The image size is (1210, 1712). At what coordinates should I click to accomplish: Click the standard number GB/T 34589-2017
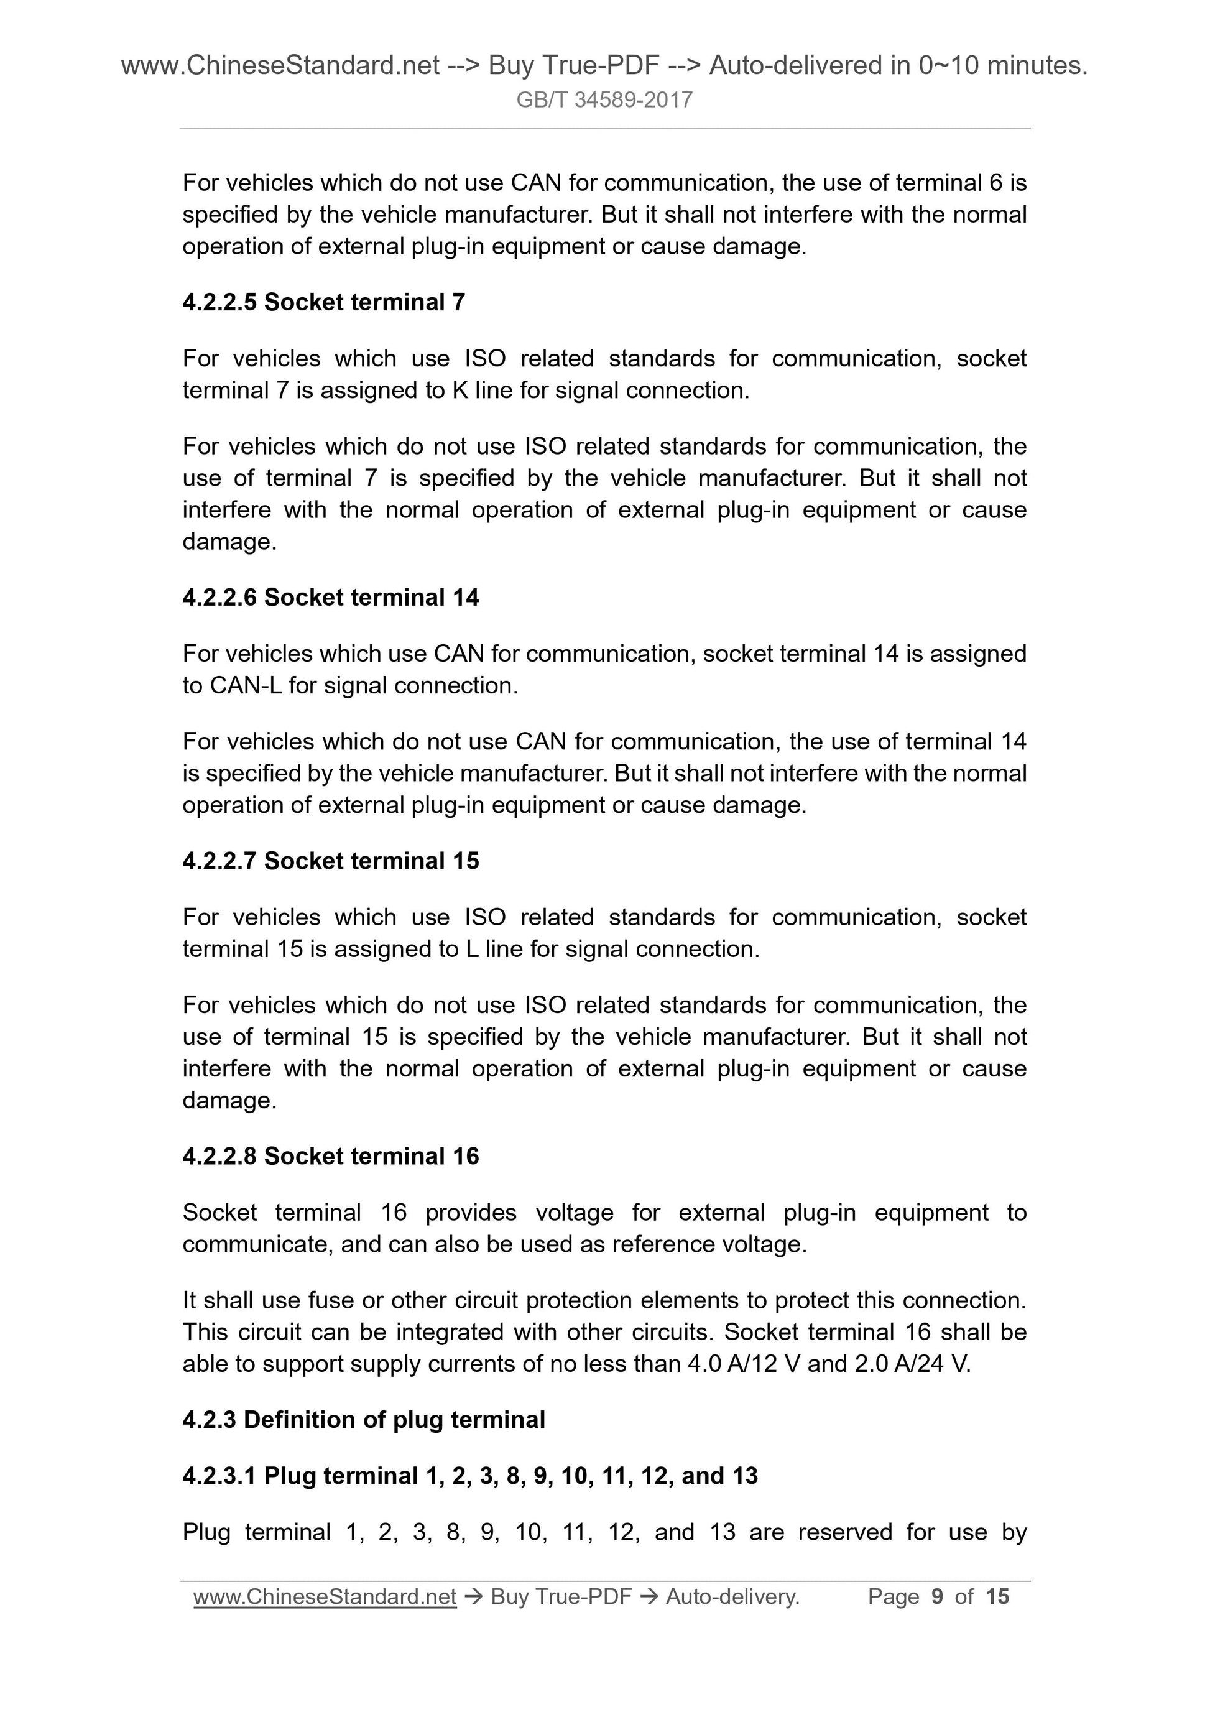click(x=604, y=100)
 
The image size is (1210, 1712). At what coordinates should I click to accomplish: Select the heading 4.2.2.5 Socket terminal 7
click(x=323, y=302)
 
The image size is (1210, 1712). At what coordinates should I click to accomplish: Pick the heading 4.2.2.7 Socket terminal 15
click(x=330, y=861)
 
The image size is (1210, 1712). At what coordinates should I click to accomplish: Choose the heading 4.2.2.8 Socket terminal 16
click(x=330, y=1156)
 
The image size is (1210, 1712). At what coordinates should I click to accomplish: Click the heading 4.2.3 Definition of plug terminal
click(x=364, y=1420)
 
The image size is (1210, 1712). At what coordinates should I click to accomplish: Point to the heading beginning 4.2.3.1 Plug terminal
click(x=469, y=1476)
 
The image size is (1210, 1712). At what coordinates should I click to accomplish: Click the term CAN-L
click(x=245, y=685)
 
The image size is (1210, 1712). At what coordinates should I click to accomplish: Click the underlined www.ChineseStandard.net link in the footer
click(x=325, y=1596)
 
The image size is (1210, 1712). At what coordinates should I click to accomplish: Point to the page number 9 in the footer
click(x=937, y=1596)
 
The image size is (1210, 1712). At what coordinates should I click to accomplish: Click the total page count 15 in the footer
click(x=997, y=1596)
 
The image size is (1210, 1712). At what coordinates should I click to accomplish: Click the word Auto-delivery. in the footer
click(x=732, y=1596)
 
